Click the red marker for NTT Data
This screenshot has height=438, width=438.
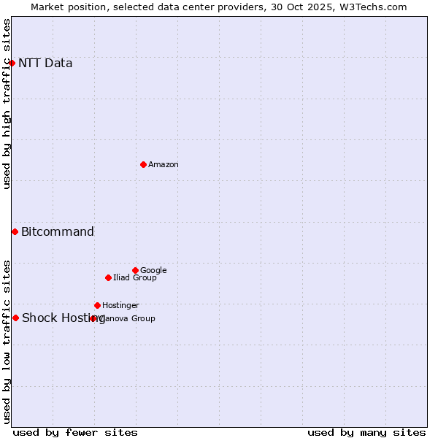(x=12, y=63)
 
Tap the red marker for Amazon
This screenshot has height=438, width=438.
(x=143, y=164)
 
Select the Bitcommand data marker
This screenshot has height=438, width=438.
(x=15, y=231)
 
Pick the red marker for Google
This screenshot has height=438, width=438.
(x=135, y=270)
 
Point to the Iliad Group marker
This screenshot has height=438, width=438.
(x=108, y=277)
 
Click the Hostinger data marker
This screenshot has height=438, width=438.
(x=97, y=305)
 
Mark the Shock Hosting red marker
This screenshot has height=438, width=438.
(x=15, y=318)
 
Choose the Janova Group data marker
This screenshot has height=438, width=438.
(x=93, y=318)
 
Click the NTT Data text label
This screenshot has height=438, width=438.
(x=45, y=63)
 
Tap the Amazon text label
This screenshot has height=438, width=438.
(x=164, y=164)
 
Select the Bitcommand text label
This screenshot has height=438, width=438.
(x=58, y=231)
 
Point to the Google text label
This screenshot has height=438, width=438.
(x=153, y=270)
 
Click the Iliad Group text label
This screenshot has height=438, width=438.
(x=135, y=277)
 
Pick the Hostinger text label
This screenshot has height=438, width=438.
(x=120, y=305)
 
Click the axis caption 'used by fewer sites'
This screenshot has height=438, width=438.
(x=75, y=432)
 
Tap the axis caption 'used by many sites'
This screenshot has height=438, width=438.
(x=366, y=432)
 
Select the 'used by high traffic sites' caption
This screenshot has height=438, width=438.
(x=7, y=104)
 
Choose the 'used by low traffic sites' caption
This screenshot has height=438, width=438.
(x=7, y=342)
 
